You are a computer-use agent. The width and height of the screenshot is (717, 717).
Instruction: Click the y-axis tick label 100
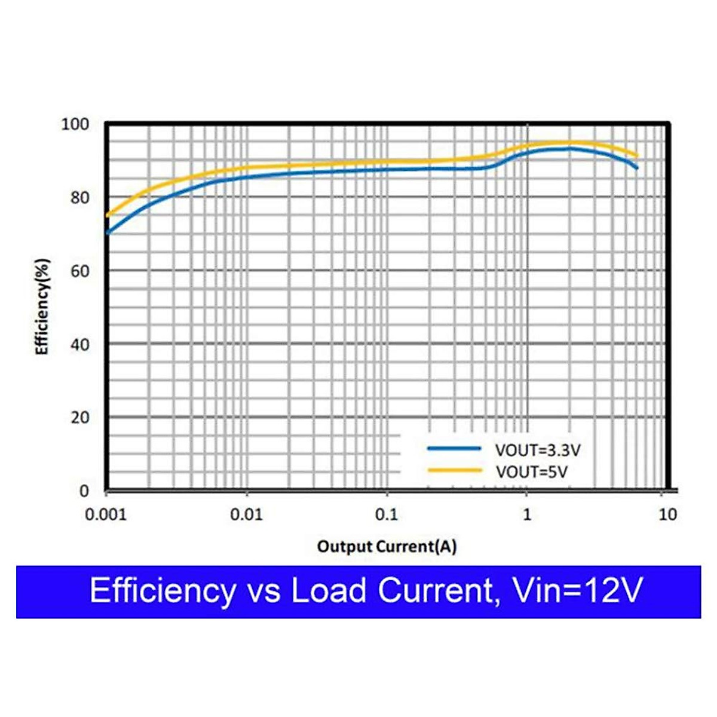(75, 124)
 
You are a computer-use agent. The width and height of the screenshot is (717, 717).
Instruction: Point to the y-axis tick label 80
(79, 198)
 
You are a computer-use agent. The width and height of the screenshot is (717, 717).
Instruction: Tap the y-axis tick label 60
(79, 271)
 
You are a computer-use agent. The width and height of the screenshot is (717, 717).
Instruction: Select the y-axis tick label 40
(79, 345)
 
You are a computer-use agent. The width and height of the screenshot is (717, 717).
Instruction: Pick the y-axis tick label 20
(79, 418)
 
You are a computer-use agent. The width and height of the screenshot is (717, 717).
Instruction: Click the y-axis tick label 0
(84, 491)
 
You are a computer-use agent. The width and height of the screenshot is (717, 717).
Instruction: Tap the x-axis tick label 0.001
(106, 514)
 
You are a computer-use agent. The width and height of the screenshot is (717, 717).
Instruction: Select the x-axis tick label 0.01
(246, 514)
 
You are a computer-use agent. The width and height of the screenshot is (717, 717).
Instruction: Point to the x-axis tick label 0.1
(386, 514)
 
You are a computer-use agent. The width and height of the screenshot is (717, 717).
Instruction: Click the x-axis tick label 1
(526, 514)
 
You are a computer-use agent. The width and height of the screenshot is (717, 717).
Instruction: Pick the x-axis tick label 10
(667, 514)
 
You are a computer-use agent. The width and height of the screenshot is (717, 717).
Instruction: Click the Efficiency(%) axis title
(42, 307)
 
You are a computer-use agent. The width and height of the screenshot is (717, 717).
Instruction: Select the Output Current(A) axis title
(387, 546)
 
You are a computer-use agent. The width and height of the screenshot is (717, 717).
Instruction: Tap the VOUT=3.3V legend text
(537, 450)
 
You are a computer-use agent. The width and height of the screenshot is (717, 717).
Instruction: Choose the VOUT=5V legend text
(531, 472)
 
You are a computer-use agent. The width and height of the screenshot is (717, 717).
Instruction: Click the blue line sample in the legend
(454, 448)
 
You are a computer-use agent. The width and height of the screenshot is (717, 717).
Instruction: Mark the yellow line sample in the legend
(454, 471)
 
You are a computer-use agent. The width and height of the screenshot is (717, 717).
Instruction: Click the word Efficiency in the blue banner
(163, 591)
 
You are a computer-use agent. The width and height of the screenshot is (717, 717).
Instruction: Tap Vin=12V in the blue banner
(577, 591)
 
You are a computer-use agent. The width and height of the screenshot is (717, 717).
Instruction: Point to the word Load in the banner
(328, 591)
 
